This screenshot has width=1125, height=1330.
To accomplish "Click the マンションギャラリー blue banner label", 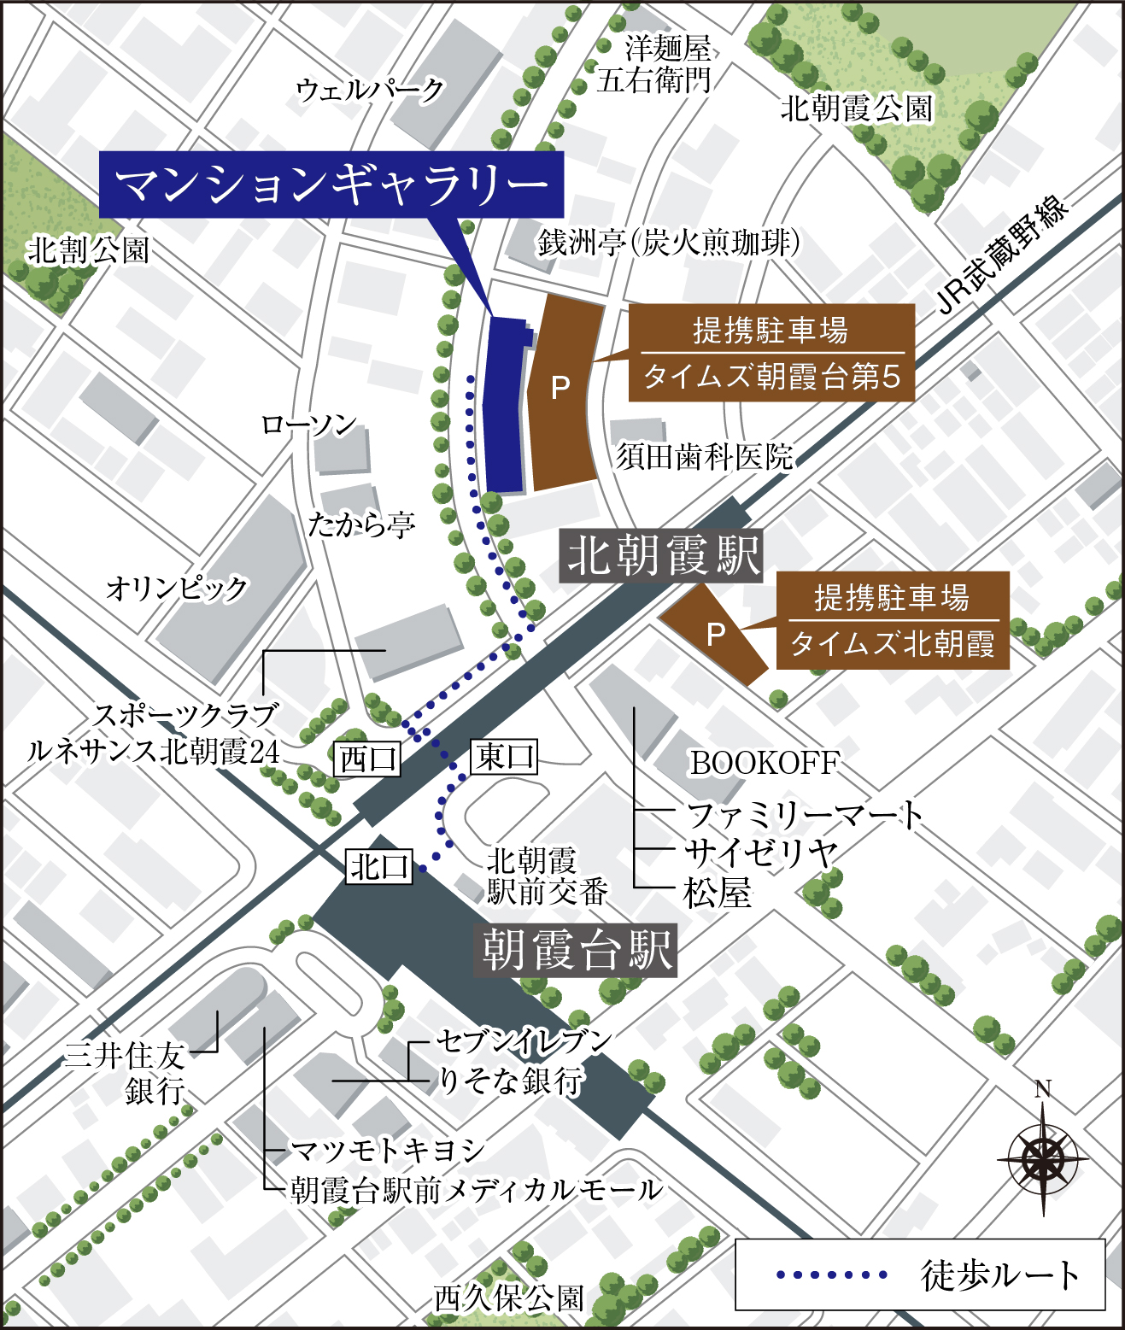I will click(x=331, y=185).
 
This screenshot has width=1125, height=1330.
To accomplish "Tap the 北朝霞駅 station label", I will click(x=661, y=556).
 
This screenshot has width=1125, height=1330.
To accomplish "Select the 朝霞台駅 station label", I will click(x=577, y=950).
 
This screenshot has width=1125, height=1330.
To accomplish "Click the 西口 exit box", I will click(x=367, y=759).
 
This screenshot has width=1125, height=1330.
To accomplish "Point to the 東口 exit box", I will click(x=504, y=757).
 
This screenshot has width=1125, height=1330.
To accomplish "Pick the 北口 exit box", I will click(x=379, y=867).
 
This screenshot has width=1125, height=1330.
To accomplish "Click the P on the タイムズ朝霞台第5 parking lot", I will click(x=560, y=388).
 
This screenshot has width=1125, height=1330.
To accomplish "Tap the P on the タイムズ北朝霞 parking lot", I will click(x=716, y=633).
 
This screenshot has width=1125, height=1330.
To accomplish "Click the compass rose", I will click(x=1042, y=1158).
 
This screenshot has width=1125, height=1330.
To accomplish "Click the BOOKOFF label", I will click(x=765, y=763).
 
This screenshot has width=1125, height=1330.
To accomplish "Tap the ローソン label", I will click(x=308, y=425).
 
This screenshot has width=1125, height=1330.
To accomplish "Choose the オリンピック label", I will click(x=177, y=588).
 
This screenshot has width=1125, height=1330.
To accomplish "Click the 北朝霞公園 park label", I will click(x=856, y=108).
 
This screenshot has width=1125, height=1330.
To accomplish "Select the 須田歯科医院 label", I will click(x=705, y=457).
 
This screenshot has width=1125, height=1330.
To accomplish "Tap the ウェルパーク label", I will click(x=370, y=89).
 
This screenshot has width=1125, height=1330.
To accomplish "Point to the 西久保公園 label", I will click(x=509, y=1298).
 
